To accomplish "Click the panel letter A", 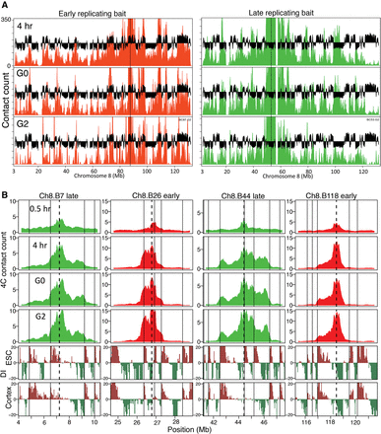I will click(x=5, y=6).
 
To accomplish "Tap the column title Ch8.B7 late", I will click(x=59, y=198).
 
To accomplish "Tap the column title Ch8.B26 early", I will click(x=151, y=198).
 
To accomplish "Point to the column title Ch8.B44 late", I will click(x=242, y=198).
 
